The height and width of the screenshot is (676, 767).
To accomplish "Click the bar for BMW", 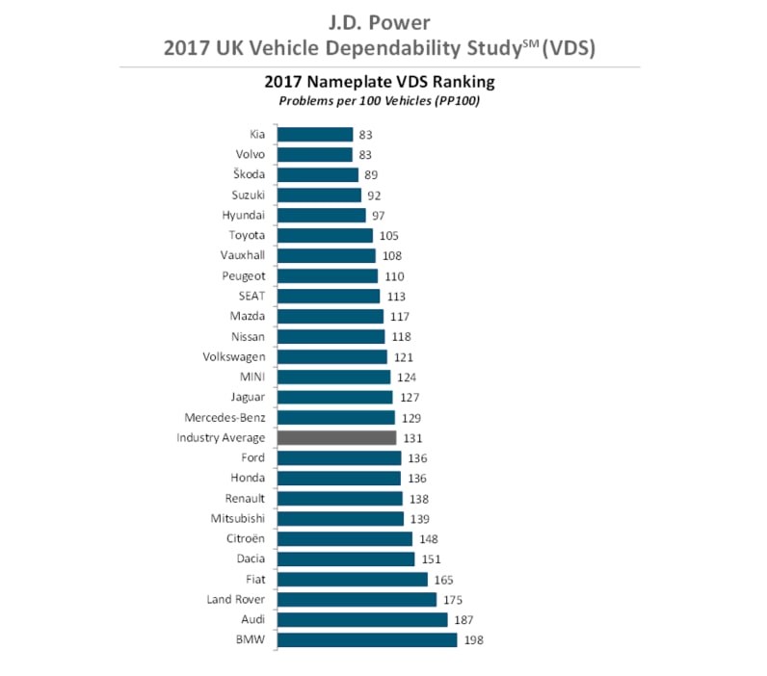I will [367, 640].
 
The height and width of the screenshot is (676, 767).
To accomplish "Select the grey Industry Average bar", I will [336, 438].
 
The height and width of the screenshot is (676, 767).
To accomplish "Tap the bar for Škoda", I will [317, 175].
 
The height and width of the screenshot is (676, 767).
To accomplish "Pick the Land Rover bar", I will [357, 600].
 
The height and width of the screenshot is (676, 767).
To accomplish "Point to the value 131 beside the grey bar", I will [411, 438].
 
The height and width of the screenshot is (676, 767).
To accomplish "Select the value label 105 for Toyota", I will [388, 236].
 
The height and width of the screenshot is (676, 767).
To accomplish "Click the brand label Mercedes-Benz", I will [225, 418].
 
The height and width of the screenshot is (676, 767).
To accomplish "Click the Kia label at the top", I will [256, 135].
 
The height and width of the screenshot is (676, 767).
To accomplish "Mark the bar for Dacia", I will [346, 559].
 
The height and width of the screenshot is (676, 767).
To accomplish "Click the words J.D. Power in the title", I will [383, 21].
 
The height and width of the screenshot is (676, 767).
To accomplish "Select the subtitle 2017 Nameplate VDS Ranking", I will [383, 83].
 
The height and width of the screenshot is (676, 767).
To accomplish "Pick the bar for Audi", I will [362, 620].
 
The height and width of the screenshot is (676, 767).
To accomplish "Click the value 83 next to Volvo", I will [367, 155].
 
